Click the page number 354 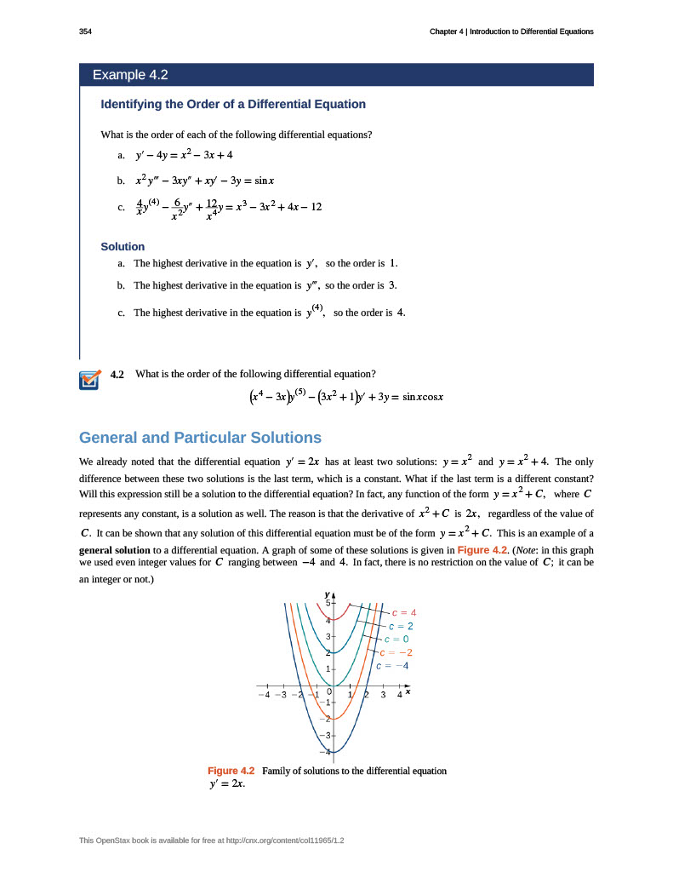tap(84, 32)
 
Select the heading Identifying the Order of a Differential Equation tap(233, 104)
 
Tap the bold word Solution tap(123, 246)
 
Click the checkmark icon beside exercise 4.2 tap(88, 380)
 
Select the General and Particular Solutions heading tap(200, 438)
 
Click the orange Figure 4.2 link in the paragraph tap(482, 550)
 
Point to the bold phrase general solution tap(113, 550)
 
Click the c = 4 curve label tap(403, 611)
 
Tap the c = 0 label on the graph tap(396, 639)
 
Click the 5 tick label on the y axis tap(328, 603)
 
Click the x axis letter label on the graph tap(408, 691)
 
